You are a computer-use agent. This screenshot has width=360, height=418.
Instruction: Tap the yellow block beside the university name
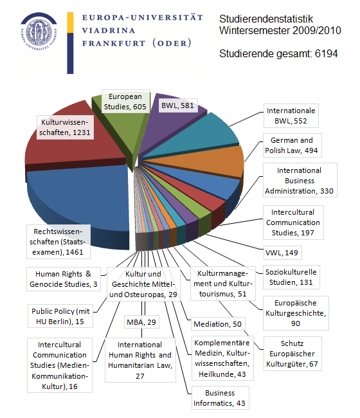tap(70, 23)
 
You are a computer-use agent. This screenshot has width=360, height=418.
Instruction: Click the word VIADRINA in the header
tap(108, 30)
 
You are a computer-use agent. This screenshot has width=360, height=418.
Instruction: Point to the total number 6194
tap(326, 53)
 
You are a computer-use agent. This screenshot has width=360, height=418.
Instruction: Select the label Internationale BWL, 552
tap(291, 116)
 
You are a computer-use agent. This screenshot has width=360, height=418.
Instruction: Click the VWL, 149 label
tap(282, 253)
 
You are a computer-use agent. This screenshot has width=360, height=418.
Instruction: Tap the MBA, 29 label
tap(141, 322)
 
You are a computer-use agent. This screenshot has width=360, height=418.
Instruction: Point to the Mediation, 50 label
tap(218, 324)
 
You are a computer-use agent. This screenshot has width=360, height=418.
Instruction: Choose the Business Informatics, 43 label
tap(220, 397)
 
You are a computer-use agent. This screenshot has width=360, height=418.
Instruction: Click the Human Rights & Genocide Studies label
tap(64, 279)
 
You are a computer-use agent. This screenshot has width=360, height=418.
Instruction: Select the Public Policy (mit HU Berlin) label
tap(60, 316)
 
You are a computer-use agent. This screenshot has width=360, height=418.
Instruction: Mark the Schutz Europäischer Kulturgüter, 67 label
tap(292, 354)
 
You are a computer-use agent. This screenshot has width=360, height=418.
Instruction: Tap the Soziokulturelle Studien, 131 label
tap(291, 277)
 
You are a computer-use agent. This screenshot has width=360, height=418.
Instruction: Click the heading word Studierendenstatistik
tap(266, 19)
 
